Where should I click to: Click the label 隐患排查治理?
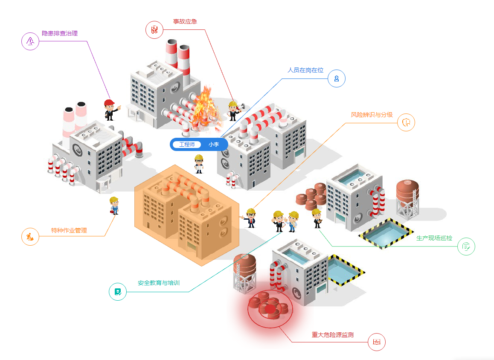(x=60, y=33)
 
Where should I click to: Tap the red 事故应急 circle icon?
(x=154, y=30)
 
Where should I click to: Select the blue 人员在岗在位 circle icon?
(x=337, y=78)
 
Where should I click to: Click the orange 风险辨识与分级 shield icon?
(x=406, y=122)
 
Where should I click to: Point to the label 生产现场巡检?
(x=434, y=238)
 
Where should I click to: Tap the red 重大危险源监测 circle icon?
(x=377, y=342)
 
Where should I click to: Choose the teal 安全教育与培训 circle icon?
(x=117, y=292)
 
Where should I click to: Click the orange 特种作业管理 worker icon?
(x=30, y=237)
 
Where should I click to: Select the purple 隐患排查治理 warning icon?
(x=30, y=41)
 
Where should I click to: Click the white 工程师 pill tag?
(x=187, y=145)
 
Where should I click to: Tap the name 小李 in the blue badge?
(x=214, y=145)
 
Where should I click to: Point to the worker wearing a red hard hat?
(x=111, y=110)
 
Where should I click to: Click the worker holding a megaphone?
(x=234, y=111)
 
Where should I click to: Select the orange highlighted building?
(x=187, y=215)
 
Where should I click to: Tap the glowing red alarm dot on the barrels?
(x=270, y=309)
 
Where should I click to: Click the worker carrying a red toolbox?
(x=114, y=206)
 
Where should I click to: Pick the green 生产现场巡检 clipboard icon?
(x=466, y=246)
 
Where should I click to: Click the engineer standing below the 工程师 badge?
(x=199, y=164)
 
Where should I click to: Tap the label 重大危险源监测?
(x=333, y=335)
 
